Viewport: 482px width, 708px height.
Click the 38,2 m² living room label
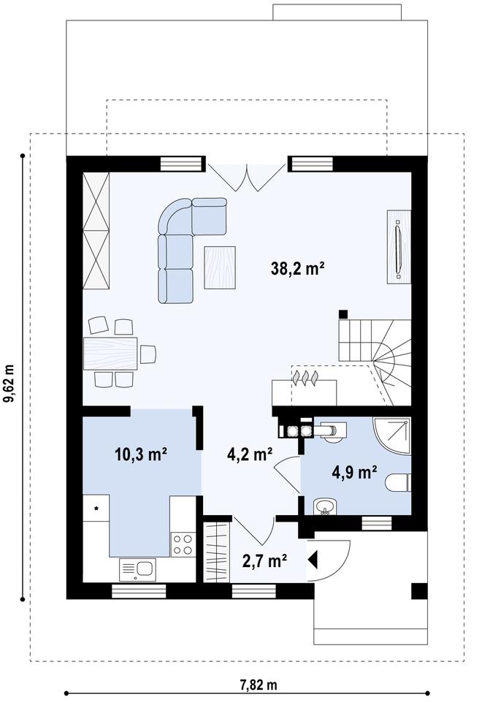[x=297, y=269]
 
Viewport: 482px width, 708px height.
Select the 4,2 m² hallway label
[x=250, y=454]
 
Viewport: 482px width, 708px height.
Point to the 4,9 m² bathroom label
[x=354, y=471]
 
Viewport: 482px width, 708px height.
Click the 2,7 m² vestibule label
[x=264, y=560]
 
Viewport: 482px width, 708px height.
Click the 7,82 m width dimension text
[x=259, y=685]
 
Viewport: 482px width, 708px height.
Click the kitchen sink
[x=137, y=568]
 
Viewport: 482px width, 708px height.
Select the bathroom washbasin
[x=325, y=506]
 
